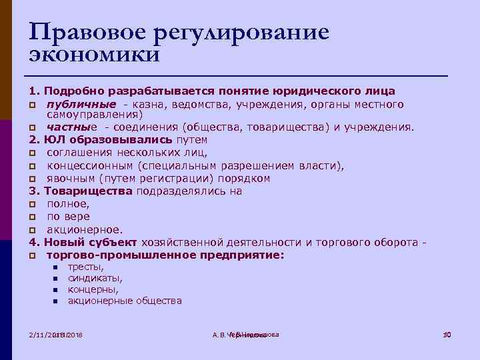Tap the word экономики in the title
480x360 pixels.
pos(94,54)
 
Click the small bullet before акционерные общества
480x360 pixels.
pos(55,301)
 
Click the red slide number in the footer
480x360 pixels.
pos(447,334)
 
